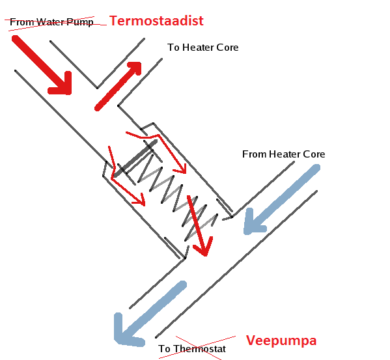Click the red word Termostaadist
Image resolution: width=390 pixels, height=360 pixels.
click(156, 21)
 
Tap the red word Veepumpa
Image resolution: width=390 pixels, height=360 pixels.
click(281, 341)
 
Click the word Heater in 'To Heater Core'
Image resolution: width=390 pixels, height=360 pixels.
click(198, 48)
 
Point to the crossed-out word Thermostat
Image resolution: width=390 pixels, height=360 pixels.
click(199, 349)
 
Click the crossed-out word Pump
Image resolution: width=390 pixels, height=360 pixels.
click(80, 22)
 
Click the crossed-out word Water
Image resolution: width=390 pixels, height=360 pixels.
click(51, 22)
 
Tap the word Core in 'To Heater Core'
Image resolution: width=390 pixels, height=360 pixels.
click(227, 48)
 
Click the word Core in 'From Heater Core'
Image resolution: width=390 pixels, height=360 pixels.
click(314, 154)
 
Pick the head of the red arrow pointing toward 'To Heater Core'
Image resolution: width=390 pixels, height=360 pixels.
click(135, 67)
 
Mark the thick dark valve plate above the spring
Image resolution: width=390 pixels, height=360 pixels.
click(135, 158)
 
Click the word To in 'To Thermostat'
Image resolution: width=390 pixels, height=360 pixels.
click(165, 349)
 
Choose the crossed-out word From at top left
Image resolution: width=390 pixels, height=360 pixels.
click(22, 22)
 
